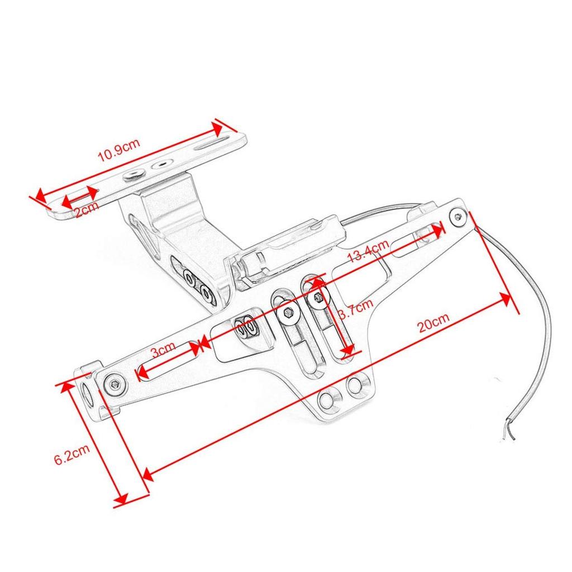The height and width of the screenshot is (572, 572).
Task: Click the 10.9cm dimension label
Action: click(x=119, y=150)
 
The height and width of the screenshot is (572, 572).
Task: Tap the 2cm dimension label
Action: click(x=87, y=209)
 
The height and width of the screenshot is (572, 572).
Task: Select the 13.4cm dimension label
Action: click(x=368, y=251)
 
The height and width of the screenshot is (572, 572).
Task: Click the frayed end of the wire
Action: click(x=509, y=431)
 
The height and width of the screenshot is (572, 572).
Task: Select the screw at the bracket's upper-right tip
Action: click(x=458, y=217)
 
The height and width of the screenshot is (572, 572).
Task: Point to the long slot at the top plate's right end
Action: click(x=212, y=142)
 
